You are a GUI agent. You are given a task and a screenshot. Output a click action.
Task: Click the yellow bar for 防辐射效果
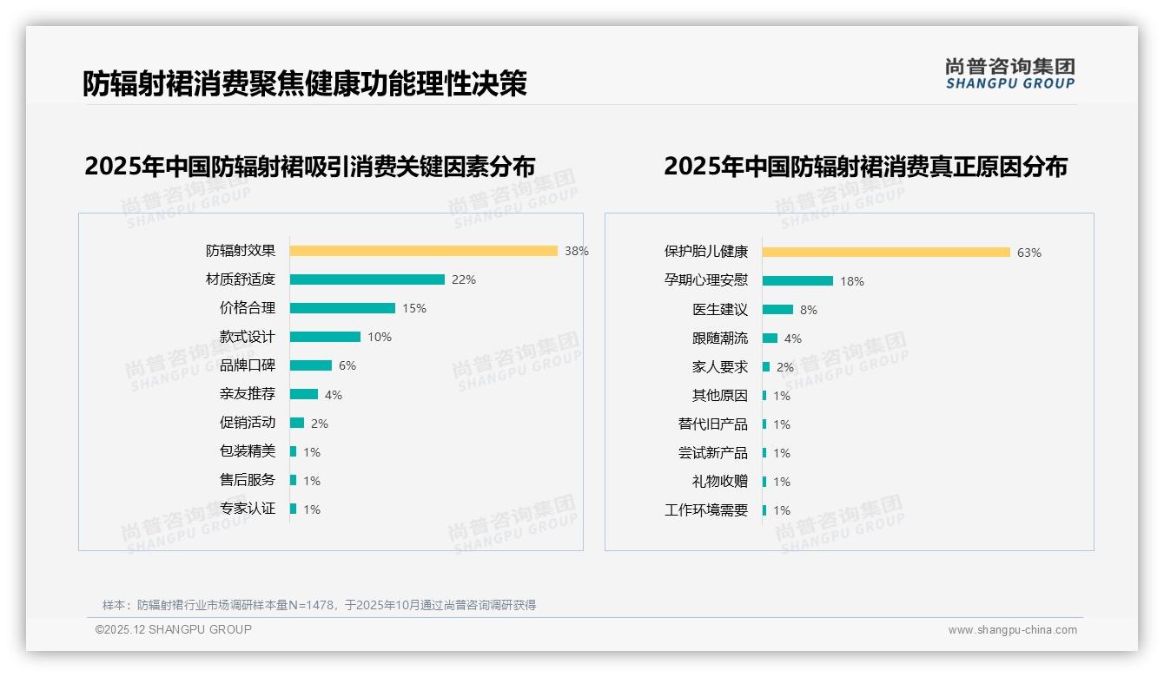[423, 251]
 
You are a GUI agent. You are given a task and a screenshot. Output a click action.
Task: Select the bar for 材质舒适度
[367, 279]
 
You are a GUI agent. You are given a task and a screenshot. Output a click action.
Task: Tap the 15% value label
[414, 308]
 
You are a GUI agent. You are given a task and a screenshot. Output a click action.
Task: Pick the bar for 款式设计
[325, 337]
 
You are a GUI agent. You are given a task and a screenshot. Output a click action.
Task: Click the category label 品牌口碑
[248, 365]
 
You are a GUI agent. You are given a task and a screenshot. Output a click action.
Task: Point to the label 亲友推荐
[248, 394]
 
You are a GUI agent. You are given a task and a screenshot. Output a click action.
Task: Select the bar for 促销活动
[297, 423]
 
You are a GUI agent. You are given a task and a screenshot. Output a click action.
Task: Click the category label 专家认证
[248, 509]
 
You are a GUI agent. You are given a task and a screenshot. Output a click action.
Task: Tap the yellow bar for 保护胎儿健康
[886, 252]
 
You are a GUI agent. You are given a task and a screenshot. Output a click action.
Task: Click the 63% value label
[1029, 253]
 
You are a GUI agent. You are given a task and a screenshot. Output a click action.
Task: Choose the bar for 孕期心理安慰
[797, 280]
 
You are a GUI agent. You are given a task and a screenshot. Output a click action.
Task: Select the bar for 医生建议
[777, 309]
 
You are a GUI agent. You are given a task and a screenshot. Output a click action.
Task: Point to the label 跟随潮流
[720, 338]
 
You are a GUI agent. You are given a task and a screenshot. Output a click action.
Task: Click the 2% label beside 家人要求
[785, 367]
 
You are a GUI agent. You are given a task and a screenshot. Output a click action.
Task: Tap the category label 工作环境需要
[706, 510]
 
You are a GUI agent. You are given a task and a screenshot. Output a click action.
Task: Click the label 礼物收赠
[720, 482]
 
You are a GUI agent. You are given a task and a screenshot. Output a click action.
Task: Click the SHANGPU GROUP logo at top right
[1010, 74]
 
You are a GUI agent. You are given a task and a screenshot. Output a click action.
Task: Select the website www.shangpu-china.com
[1012, 630]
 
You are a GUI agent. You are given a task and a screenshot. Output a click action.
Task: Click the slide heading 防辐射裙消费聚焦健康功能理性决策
[305, 84]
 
